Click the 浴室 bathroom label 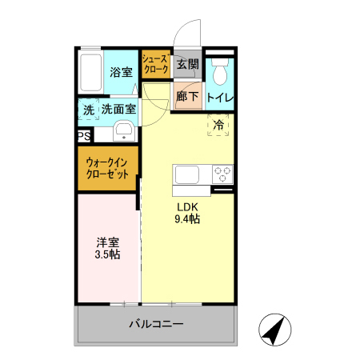[121, 70]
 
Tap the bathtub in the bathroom [92, 74]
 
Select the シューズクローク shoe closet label [155, 65]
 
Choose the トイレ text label [220, 98]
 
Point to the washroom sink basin [123, 131]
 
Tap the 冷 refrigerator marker [218, 125]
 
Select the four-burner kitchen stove [221, 174]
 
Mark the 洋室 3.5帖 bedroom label [108, 248]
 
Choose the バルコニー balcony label [157, 326]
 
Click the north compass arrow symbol [274, 330]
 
